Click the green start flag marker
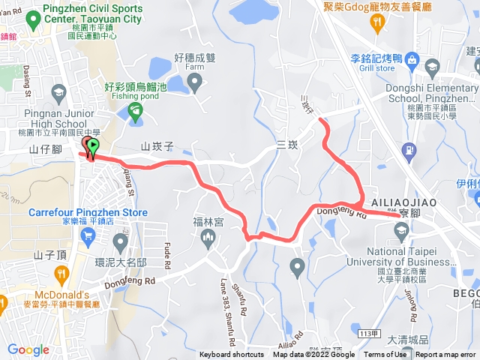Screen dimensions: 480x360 [x=93, y=145]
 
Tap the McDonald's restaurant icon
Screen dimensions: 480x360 [x=4, y=303]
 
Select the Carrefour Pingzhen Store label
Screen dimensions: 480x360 [x=88, y=212]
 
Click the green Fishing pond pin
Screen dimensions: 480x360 [x=135, y=113]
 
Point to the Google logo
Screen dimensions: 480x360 [x=28, y=349]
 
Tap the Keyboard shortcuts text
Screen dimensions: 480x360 [x=232, y=355]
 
